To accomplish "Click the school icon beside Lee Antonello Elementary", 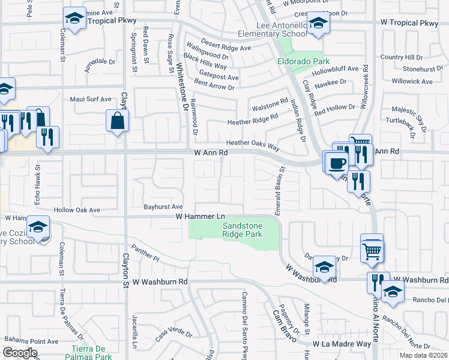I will [x=318, y=25].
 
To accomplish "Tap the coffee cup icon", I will [x=337, y=163].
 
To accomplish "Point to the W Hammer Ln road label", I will [x=200, y=216].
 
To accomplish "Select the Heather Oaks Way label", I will [x=253, y=144].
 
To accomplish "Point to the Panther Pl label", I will [x=146, y=256].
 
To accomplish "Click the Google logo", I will [x=20, y=353].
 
